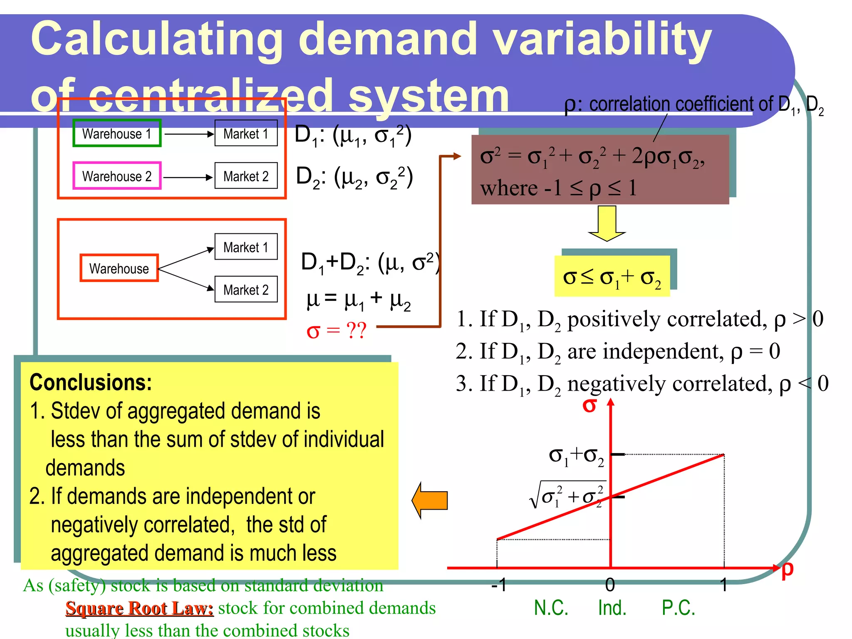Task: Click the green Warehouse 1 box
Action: (x=117, y=134)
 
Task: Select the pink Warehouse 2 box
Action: (x=117, y=176)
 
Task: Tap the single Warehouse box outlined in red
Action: (x=119, y=268)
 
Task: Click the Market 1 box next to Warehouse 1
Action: (x=246, y=134)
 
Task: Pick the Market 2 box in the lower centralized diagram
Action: (x=246, y=290)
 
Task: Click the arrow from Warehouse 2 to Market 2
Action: (x=188, y=177)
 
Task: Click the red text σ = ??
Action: (x=336, y=331)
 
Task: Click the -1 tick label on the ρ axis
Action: (x=499, y=585)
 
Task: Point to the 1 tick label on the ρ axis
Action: (x=724, y=585)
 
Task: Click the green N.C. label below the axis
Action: (x=551, y=608)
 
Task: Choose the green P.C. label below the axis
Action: (x=679, y=608)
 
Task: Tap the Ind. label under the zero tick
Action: (x=612, y=608)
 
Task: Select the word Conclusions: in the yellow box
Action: (x=91, y=382)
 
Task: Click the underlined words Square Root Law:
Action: (x=139, y=608)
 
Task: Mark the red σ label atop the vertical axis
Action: (x=589, y=405)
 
